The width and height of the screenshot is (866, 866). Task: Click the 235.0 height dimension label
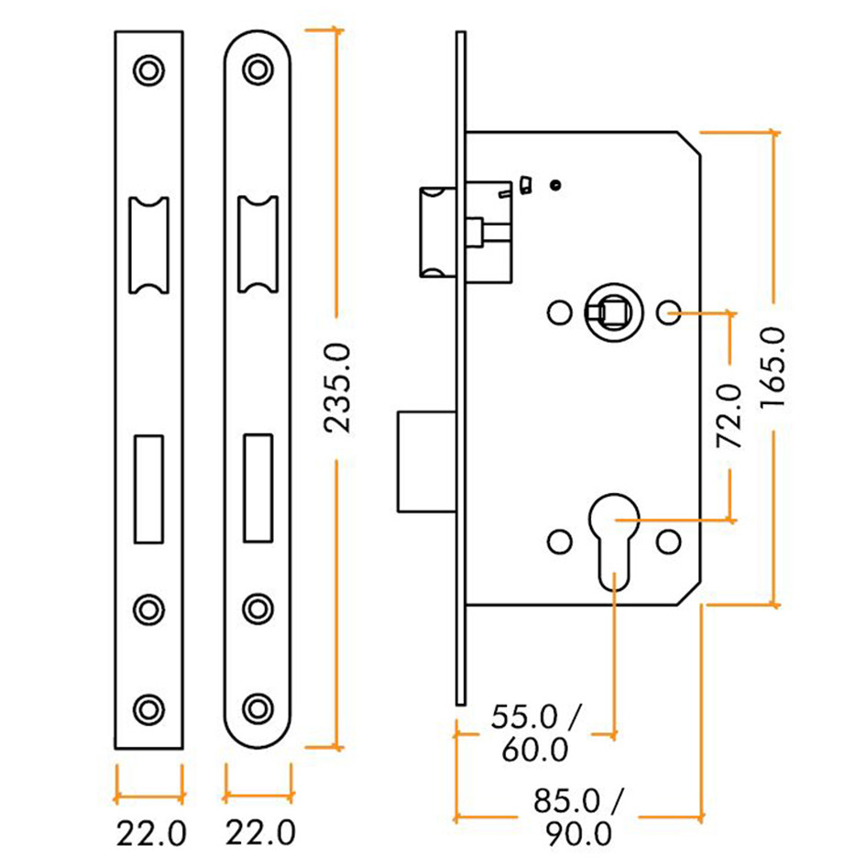click(337, 387)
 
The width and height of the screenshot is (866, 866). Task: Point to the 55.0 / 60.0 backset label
click(536, 732)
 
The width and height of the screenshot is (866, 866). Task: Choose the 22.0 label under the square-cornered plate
click(150, 835)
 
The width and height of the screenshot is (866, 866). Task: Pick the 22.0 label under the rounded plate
click(259, 834)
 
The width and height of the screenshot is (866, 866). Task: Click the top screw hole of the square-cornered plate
click(148, 71)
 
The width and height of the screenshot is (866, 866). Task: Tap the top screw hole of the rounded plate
click(258, 71)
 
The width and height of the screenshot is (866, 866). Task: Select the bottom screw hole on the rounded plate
click(258, 707)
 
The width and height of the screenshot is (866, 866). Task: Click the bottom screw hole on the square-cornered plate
click(148, 707)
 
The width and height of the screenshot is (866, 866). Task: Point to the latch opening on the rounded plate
click(258, 245)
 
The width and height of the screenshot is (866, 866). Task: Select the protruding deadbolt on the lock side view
click(424, 461)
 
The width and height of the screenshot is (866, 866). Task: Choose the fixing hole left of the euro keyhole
click(557, 542)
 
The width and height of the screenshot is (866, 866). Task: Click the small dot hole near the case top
click(555, 185)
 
